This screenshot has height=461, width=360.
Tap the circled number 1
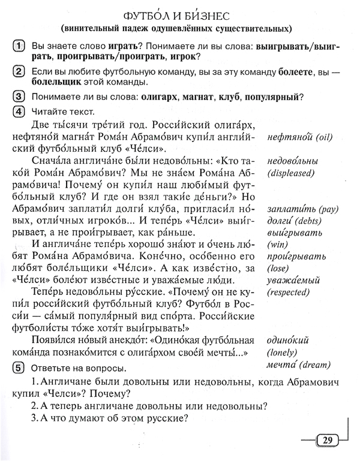pos(19,45)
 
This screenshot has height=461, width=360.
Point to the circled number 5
pos(19,367)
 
